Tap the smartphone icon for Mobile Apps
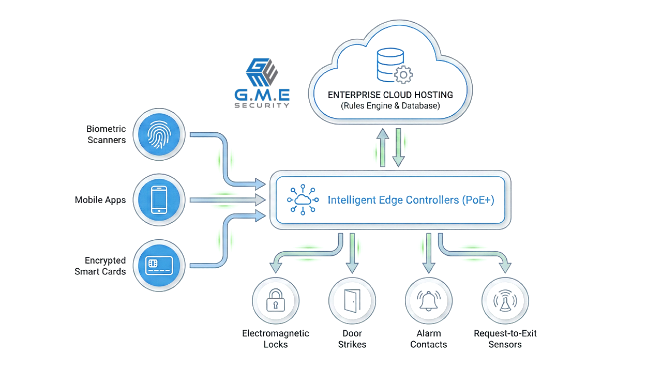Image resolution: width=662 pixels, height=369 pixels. pyautogui.click(x=158, y=200)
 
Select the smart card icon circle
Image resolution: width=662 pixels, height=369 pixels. pyautogui.click(x=158, y=266)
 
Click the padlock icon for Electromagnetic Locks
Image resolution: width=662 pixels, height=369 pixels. pyautogui.click(x=275, y=301)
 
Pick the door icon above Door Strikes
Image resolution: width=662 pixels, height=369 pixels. pyautogui.click(x=352, y=301)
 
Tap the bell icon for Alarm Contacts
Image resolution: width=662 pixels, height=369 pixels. pyautogui.click(x=428, y=301)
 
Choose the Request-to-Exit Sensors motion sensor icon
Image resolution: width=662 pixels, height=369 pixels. pyautogui.click(x=505, y=301)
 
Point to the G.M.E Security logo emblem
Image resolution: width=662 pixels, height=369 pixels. pyautogui.click(x=262, y=72)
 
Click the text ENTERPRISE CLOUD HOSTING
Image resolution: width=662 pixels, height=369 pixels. pyautogui.click(x=390, y=95)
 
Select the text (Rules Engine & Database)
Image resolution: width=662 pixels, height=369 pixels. pyautogui.click(x=390, y=106)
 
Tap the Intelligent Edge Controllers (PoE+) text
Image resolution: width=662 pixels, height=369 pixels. pyautogui.click(x=411, y=200)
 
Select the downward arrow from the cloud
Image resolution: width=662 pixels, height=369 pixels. pyautogui.click(x=398, y=148)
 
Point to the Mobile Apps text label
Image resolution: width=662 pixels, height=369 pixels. pyautogui.click(x=100, y=200)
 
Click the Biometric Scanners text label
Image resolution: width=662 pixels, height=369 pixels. pyautogui.click(x=106, y=134)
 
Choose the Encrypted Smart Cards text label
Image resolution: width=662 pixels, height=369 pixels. pyautogui.click(x=100, y=266)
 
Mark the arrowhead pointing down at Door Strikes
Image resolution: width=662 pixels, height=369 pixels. pyautogui.click(x=352, y=268)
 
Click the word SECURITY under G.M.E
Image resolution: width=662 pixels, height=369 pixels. pyautogui.click(x=262, y=105)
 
